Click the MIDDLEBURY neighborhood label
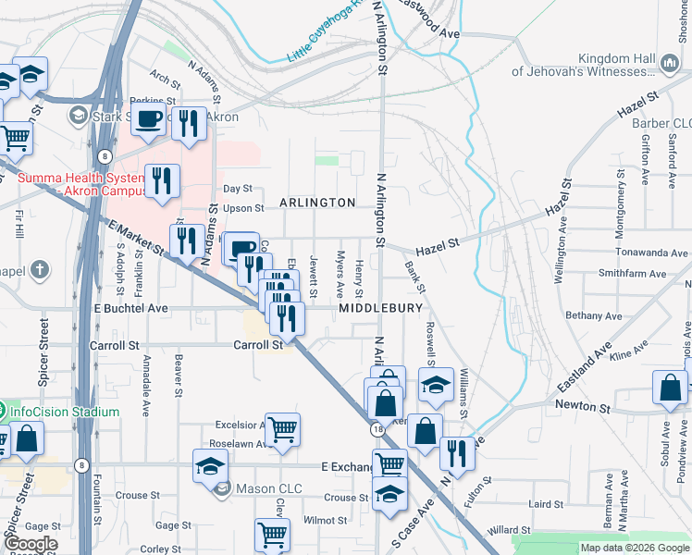(x=380, y=307)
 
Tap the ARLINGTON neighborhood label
(x=317, y=203)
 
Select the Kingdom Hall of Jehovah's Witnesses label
(x=584, y=65)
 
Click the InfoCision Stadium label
(x=59, y=412)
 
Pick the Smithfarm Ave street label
(x=633, y=274)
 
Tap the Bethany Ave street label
(x=596, y=315)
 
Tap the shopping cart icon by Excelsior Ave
(x=282, y=428)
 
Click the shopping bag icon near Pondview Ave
(x=670, y=388)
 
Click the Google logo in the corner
(x=30, y=544)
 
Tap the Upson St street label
(x=244, y=208)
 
